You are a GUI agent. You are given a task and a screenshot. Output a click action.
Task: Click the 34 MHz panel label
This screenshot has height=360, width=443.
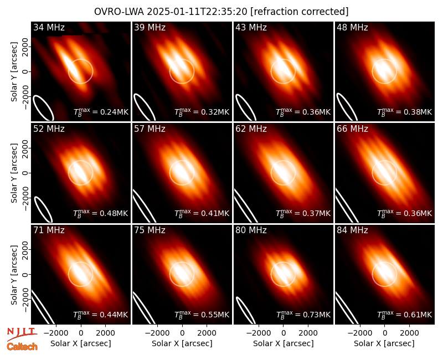pos(49,27)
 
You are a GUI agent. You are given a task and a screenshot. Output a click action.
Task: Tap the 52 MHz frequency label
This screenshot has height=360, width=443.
pos(49,129)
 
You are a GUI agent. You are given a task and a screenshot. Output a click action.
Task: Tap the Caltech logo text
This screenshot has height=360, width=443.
pos(22,347)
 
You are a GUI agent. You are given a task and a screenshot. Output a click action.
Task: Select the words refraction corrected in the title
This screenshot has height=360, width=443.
pos(300,12)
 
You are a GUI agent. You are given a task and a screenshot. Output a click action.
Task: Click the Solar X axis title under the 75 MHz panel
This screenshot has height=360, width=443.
pos(182,343)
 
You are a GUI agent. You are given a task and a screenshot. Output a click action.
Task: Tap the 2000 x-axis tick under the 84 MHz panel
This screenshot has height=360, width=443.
pos(409,333)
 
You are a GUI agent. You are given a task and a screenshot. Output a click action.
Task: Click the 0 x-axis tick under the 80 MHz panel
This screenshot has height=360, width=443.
pos(284,333)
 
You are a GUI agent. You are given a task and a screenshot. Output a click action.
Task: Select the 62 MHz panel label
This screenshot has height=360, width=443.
pos(251,129)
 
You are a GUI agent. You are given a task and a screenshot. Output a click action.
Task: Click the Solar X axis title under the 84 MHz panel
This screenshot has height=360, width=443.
pos(384,343)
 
